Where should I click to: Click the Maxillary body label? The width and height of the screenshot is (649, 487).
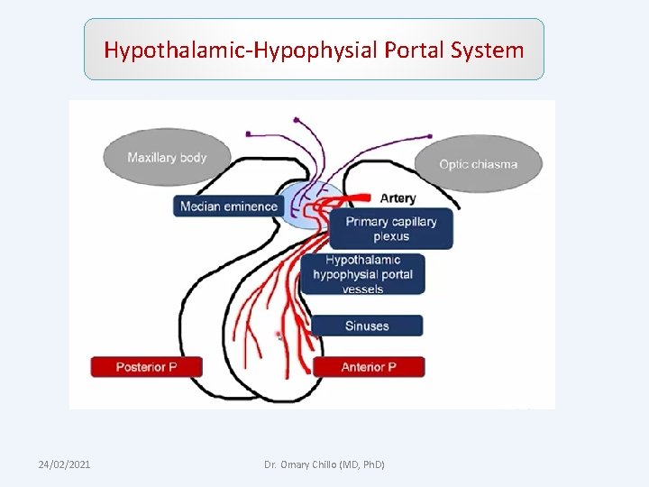(167, 158)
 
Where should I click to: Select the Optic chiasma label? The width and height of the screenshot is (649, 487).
(479, 164)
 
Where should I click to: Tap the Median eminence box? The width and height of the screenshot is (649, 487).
(229, 207)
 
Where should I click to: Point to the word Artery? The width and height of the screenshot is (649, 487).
(398, 198)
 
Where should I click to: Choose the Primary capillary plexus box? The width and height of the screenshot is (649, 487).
(391, 229)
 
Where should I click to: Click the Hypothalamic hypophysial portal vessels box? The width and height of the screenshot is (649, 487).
(362, 274)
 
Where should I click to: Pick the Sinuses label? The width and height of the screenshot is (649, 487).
(367, 326)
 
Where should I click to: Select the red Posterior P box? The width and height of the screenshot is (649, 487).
(146, 367)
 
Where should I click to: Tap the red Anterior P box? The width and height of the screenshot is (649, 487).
(368, 367)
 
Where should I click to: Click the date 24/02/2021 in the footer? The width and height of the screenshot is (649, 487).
(63, 464)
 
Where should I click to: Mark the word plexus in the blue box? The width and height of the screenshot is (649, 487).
(391, 237)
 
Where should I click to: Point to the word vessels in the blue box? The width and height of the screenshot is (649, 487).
(362, 289)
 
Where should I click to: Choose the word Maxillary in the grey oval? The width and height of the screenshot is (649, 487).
(152, 158)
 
